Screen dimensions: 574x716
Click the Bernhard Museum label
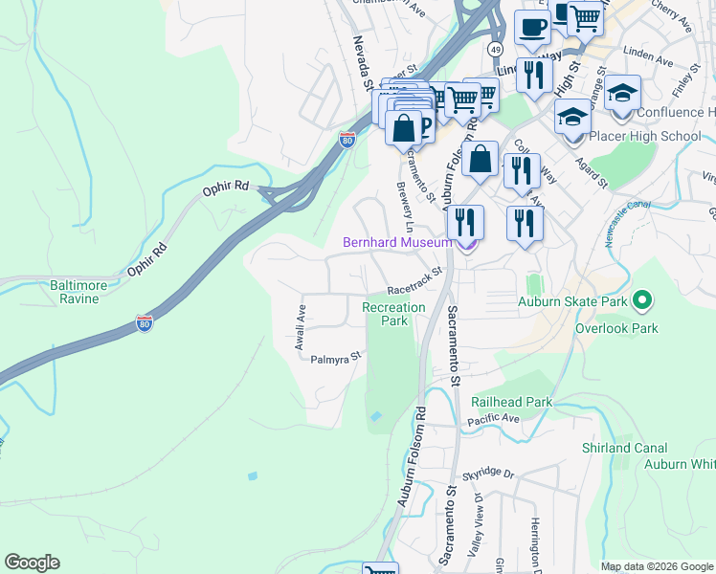point(397,243)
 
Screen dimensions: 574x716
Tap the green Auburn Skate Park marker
point(642,302)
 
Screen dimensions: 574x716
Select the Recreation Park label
point(393,314)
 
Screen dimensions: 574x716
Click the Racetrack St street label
point(414,281)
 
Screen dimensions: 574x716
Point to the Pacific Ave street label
point(493,420)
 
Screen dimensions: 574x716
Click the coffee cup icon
point(533,28)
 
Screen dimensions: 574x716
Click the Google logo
point(32,563)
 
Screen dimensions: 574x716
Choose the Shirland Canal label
point(619,448)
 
